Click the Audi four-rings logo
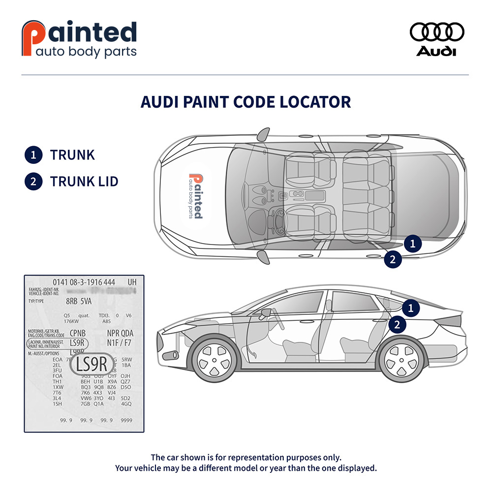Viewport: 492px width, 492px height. point(437,32)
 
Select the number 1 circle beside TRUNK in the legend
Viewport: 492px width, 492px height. point(33,155)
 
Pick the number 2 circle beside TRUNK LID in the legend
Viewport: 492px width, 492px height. point(33,182)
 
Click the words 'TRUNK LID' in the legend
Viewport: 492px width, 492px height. point(84,182)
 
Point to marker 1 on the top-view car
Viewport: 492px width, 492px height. point(413,243)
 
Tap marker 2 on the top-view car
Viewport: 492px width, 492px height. point(393,260)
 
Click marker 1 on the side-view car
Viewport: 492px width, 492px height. point(410,308)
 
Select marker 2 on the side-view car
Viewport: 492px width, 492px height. point(397,324)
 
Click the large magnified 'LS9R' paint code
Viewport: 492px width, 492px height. point(92,365)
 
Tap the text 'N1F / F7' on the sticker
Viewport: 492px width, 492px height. point(120,342)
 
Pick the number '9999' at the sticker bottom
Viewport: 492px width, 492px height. point(126,420)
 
